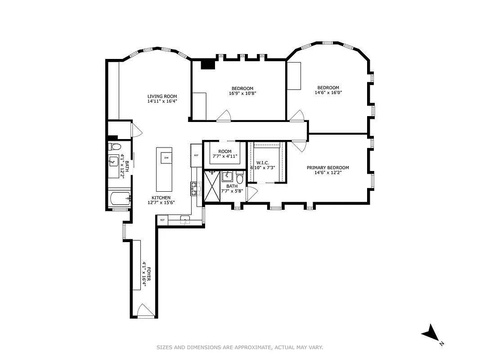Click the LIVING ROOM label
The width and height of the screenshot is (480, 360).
point(162,96)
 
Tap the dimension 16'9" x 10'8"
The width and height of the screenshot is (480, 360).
point(242,94)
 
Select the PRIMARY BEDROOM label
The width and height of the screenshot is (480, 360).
point(327,168)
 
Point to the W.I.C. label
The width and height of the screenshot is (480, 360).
point(262,162)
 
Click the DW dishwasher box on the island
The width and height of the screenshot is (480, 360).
point(166,157)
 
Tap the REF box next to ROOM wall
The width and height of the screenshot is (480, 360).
point(196,155)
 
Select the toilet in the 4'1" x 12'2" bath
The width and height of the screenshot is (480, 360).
point(116,147)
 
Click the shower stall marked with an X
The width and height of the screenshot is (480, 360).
point(211,186)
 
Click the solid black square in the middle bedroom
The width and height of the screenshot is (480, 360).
point(207,65)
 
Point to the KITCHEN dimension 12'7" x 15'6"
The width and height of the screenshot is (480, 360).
point(161,202)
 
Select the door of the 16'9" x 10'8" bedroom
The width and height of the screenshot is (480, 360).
point(224,116)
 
